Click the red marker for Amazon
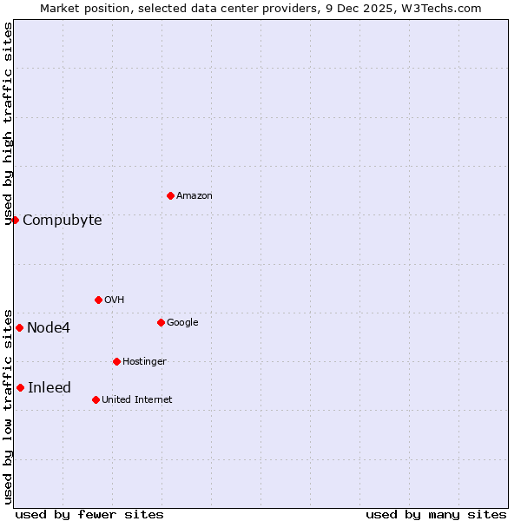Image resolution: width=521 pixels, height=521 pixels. (170, 195)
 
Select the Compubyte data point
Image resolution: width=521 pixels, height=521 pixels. (15, 220)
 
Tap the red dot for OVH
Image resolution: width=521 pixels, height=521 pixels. (98, 300)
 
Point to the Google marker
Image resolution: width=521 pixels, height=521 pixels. (161, 322)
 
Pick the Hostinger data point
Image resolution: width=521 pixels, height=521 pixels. (116, 361)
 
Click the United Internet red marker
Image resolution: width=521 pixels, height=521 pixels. (96, 399)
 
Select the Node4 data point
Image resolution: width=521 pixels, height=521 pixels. (19, 327)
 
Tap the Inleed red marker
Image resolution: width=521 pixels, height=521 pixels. (20, 387)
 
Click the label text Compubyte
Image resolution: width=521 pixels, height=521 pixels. (63, 221)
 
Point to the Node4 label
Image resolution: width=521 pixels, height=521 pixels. (49, 328)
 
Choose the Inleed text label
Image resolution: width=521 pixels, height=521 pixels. (49, 388)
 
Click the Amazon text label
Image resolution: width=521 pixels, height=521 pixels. (195, 196)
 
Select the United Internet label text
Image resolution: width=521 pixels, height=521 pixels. (137, 400)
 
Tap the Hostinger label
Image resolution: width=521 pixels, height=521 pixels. (144, 362)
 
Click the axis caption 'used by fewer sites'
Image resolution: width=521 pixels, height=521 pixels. (89, 514)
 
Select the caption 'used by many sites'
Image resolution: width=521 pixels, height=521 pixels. (436, 514)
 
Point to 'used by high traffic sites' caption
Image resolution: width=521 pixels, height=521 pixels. (9, 123)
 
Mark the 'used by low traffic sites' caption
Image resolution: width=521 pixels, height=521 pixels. (9, 405)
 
